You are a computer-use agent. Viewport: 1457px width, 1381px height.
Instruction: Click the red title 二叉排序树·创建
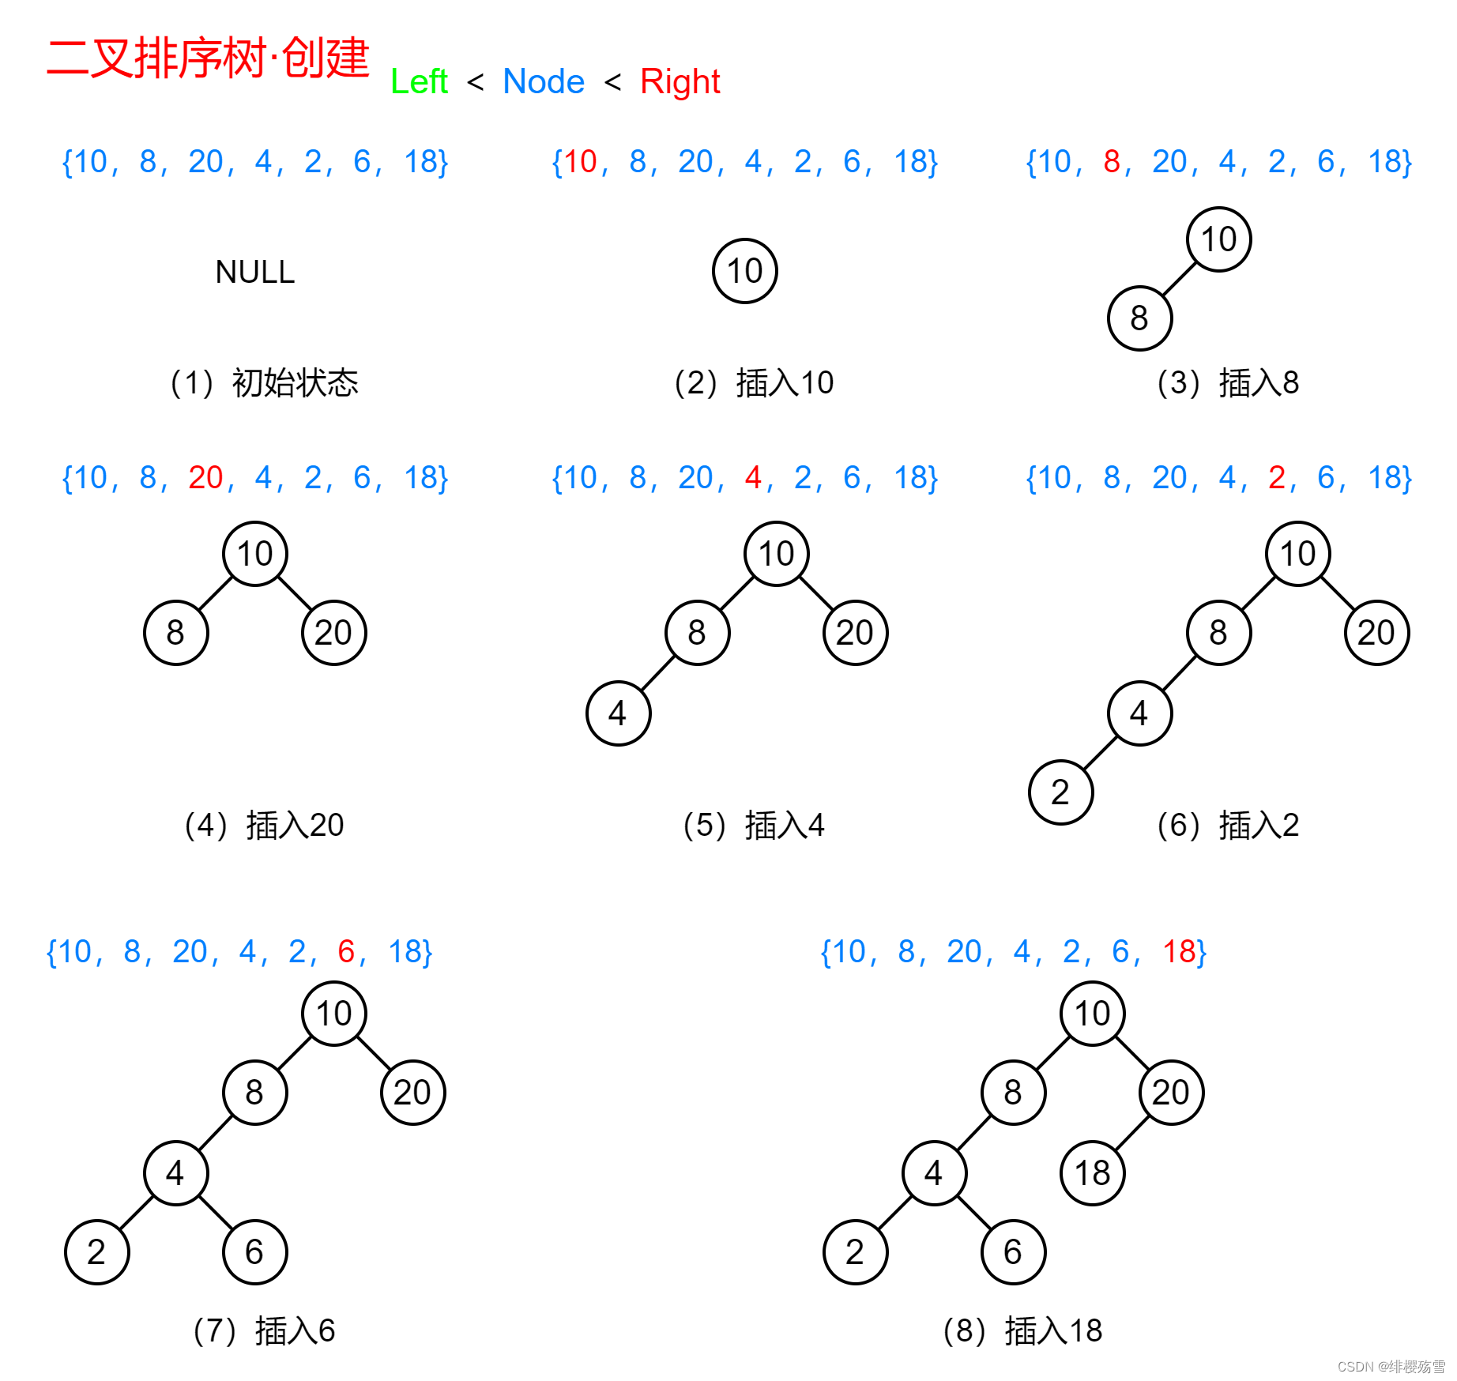point(208,58)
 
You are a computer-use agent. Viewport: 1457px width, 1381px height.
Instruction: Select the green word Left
point(419,81)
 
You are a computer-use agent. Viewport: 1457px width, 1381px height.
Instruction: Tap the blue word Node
point(543,81)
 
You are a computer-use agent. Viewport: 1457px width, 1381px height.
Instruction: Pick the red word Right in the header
point(680,81)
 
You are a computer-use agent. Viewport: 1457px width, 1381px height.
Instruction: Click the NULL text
point(254,272)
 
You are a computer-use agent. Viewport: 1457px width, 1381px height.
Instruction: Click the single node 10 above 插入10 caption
point(744,271)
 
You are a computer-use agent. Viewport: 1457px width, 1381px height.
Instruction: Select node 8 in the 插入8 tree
point(1139,318)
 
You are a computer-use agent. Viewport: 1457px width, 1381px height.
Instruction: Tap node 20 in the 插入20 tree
point(333,633)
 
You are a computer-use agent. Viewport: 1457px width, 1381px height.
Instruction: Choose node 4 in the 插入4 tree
point(618,713)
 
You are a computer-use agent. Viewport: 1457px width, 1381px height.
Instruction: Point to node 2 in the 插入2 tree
point(1060,792)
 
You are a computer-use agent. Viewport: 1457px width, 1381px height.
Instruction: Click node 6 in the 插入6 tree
point(254,1252)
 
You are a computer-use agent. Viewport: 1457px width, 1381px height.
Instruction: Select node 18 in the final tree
point(1092,1173)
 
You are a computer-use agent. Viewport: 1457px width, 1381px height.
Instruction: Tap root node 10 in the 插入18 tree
point(1092,1014)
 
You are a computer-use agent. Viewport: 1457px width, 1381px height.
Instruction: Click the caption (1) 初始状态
point(264,383)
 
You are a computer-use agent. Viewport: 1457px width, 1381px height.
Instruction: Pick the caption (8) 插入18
point(1022,1331)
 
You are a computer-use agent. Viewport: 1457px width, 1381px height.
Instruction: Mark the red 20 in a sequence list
point(205,478)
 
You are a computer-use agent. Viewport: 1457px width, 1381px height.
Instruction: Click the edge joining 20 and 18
point(1131,1133)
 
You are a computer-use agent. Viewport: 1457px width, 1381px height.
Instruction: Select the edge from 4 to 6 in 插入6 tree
point(215,1213)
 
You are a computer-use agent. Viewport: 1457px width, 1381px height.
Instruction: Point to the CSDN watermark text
point(1391,1367)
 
